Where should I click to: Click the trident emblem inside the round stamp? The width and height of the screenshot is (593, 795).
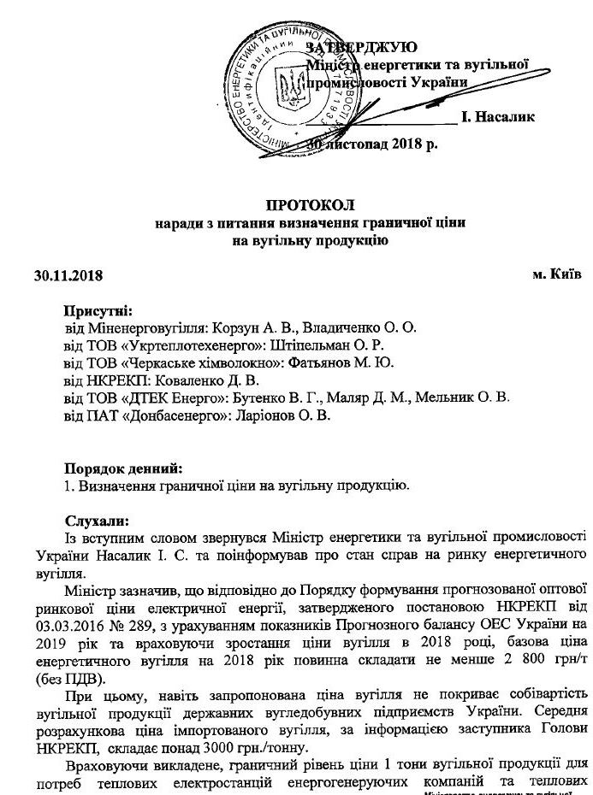[x=288, y=87]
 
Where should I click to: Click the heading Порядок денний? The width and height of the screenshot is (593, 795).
[x=124, y=468]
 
